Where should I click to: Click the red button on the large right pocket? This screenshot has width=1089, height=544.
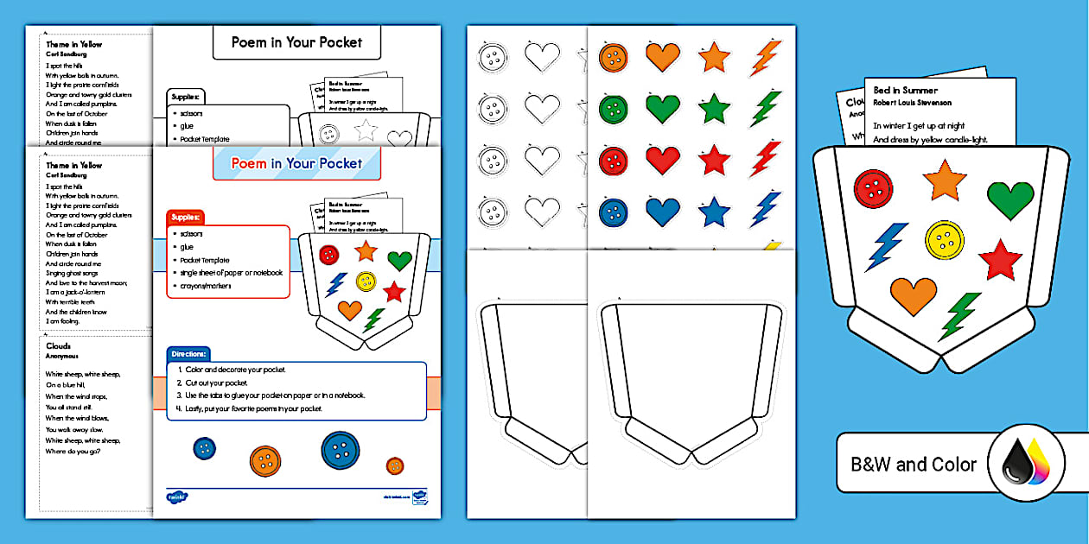coord(873,189)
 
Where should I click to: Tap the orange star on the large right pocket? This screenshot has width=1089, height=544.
coord(944,180)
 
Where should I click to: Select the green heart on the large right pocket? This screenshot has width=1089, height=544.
coord(1009,199)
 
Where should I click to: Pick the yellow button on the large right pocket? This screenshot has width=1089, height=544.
coord(944,241)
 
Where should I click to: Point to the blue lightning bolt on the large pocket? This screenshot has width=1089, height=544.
coord(887,246)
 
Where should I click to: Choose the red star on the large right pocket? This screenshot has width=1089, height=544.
coord(1000,259)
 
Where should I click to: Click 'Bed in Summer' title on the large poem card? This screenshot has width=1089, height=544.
coord(905,90)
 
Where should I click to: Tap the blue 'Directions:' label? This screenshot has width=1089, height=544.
coord(188,354)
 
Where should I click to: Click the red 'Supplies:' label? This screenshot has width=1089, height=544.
coord(186,217)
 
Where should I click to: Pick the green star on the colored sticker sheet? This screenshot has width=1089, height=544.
coord(714,110)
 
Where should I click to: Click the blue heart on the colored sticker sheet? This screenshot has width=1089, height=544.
coord(662,211)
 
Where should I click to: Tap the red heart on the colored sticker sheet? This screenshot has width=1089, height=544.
coord(662,160)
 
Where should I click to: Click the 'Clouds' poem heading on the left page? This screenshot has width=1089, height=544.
coord(59,346)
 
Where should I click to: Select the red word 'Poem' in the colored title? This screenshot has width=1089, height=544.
coord(249,163)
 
